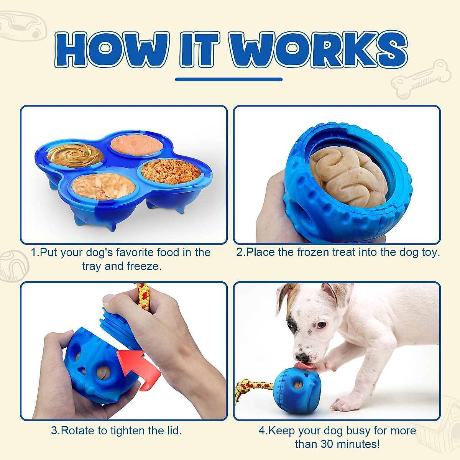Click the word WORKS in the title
pos(318,50)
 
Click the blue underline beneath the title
pos(229,80)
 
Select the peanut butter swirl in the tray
pos(76,156)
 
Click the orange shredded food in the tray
pos(171,171)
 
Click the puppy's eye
pos(321,325)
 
